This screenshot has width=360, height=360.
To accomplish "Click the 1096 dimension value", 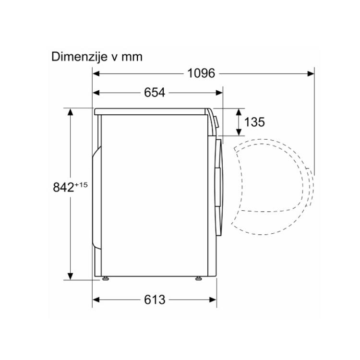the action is click(x=201, y=73).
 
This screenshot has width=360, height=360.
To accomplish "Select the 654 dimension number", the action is click(x=155, y=93).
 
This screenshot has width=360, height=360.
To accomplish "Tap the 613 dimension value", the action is click(x=155, y=300).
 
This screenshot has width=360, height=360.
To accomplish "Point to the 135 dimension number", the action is click(x=254, y=122).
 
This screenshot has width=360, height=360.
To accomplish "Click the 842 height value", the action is click(x=63, y=187).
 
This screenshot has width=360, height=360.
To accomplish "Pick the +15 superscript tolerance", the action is click(x=81, y=185).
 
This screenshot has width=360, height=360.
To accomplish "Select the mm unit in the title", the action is click(x=132, y=58).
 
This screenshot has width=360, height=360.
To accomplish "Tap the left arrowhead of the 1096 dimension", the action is click(x=96, y=73).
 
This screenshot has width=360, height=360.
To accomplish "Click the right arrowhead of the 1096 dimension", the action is click(x=311, y=73).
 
